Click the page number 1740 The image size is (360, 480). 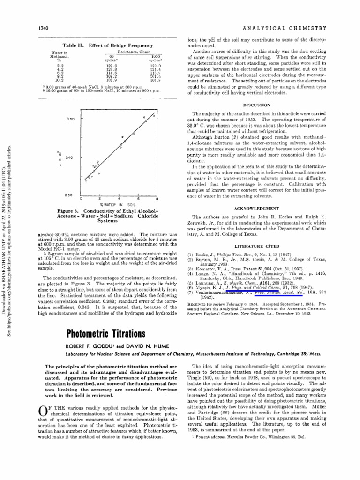(44, 28)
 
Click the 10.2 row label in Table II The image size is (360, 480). (60, 80)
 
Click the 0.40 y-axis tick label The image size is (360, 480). (70, 157)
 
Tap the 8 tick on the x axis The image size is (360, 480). (157, 199)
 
